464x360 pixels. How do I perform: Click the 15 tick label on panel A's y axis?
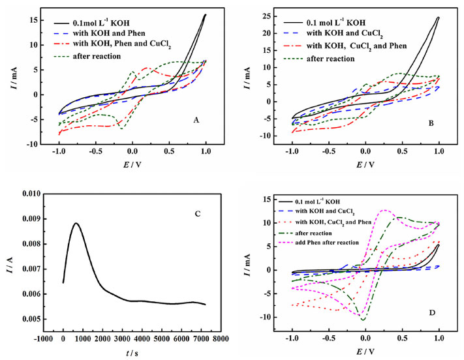[x=41, y=18]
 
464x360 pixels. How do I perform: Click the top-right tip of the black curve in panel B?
[x=439, y=18]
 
